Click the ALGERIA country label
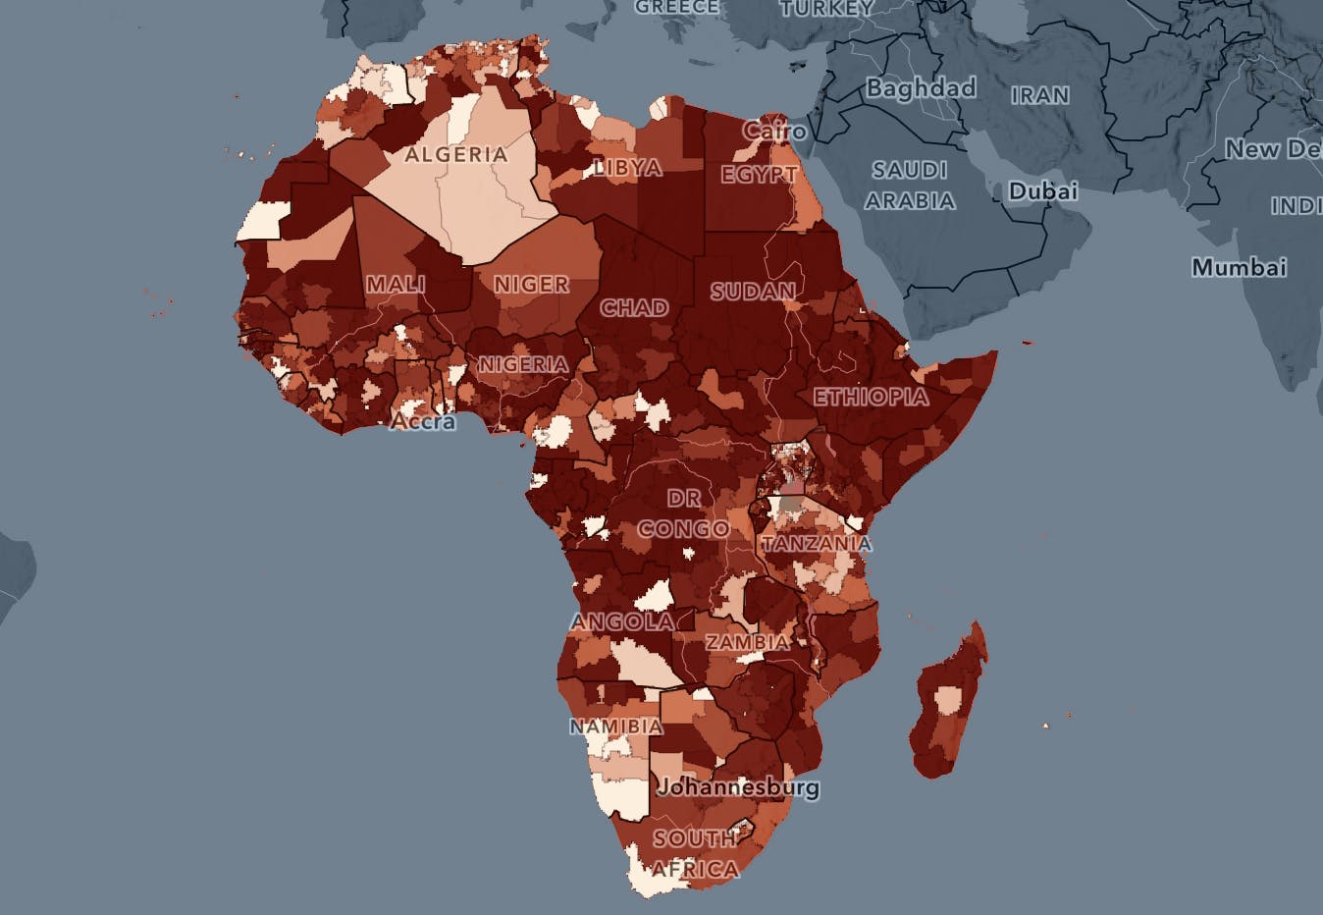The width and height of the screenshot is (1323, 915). click(456, 155)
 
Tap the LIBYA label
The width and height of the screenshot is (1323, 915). click(628, 168)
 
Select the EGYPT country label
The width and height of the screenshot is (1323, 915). click(759, 175)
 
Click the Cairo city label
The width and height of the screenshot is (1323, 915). click(774, 131)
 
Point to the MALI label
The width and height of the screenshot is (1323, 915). click(396, 285)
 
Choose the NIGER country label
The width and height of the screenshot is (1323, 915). click(531, 285)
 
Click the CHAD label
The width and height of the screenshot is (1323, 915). click(634, 308)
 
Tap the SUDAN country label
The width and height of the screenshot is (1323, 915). click(753, 292)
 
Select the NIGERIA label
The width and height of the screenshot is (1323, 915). click(523, 364)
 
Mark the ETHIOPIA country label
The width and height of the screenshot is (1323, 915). click(871, 398)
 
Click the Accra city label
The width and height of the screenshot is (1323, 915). click(423, 422)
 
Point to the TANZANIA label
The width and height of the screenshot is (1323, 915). click(817, 544)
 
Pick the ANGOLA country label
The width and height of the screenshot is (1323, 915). click(621, 622)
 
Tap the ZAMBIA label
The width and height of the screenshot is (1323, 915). click(747, 642)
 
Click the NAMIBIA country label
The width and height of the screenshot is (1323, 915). click(616, 727)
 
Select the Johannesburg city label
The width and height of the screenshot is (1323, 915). click(738, 787)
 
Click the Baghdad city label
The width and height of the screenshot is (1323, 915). click(921, 88)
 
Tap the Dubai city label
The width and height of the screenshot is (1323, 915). click(1042, 191)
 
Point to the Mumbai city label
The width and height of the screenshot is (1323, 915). click(1239, 267)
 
